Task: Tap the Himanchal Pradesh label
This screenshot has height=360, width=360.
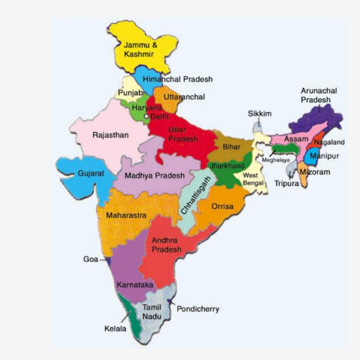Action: point(178,79)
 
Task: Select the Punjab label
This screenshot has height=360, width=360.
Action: point(130,93)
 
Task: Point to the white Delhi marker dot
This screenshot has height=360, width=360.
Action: point(146,116)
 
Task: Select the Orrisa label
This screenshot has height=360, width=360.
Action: point(222,206)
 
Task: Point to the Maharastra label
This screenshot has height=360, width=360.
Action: point(127,215)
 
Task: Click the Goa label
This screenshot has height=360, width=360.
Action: point(91,259)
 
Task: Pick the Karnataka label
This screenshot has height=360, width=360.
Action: point(135,285)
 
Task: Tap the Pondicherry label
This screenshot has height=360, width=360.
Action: point(198,309)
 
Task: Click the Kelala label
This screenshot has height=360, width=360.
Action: point(115,328)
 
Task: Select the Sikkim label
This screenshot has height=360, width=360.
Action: point(260,114)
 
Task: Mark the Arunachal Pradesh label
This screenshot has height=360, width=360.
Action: point(316,94)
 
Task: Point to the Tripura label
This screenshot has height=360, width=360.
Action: point(287,183)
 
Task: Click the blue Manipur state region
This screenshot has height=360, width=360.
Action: point(309,155)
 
